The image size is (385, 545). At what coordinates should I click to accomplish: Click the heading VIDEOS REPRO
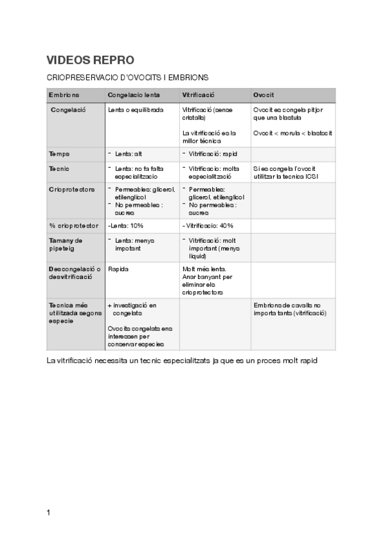(90, 60)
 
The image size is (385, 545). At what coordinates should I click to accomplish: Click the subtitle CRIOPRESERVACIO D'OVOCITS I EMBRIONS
(127, 77)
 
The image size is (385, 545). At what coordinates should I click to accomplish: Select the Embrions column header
(64, 94)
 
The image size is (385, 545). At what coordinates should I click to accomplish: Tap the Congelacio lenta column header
(134, 94)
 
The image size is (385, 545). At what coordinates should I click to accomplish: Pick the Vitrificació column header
(199, 94)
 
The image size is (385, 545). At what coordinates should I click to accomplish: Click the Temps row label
(60, 154)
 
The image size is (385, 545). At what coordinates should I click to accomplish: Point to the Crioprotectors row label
(72, 190)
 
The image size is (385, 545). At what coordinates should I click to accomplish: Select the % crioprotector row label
(73, 226)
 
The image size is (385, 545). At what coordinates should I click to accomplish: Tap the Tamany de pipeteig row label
(66, 244)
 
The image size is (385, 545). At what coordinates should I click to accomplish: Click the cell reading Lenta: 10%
(125, 226)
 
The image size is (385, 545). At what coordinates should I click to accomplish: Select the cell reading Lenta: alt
(129, 154)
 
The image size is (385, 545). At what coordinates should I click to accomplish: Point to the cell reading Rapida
(118, 269)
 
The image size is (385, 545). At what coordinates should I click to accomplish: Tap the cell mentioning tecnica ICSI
(285, 172)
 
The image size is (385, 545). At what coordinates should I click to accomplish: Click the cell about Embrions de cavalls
(290, 308)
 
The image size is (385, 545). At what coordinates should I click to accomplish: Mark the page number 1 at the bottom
(49, 512)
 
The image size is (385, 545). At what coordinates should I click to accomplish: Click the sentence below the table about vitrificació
(183, 360)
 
